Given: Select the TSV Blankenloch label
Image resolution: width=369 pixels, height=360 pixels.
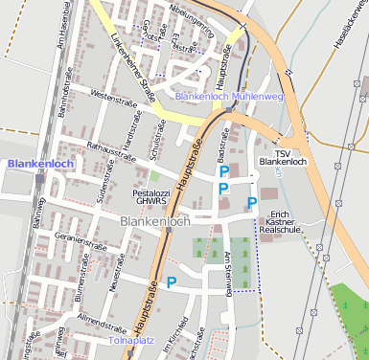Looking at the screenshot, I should pyautogui.click(x=282, y=157).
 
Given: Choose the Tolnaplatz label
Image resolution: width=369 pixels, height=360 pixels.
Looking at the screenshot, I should pyautogui.click(x=130, y=340).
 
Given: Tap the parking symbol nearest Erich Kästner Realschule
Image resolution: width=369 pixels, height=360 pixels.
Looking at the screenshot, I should pyautogui.click(x=252, y=202).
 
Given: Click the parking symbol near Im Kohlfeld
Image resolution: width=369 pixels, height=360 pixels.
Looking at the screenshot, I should pyautogui.click(x=172, y=282).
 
